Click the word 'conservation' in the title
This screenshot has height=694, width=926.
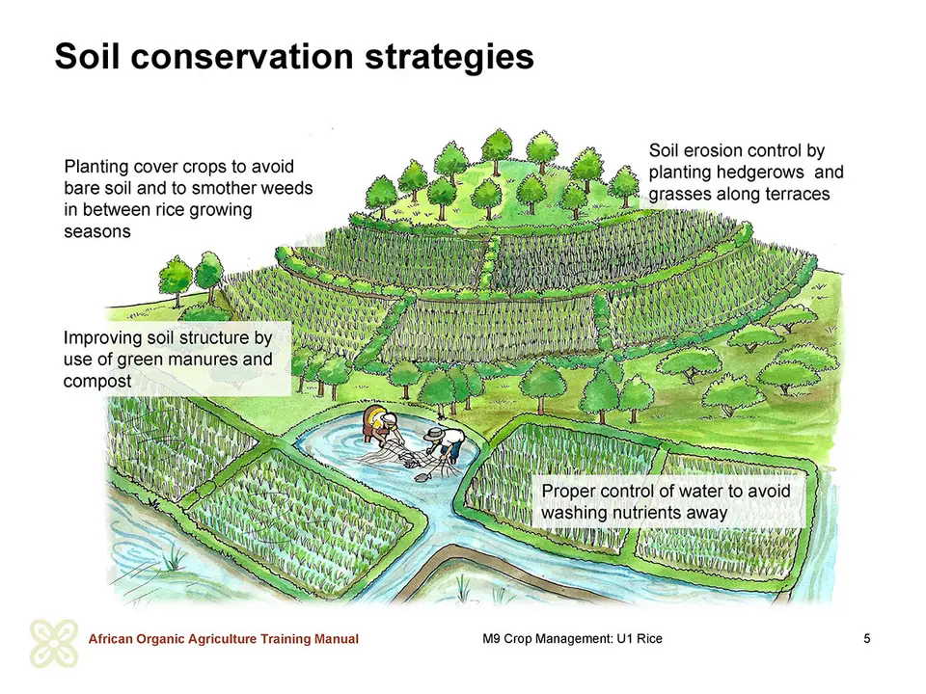(242, 57)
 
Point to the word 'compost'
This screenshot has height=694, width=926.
(97, 382)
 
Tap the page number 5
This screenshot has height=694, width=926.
(867, 638)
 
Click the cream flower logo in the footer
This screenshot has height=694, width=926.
(54, 643)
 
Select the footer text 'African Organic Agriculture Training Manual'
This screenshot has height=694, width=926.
(223, 639)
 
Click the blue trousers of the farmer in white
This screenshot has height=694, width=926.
(454, 451)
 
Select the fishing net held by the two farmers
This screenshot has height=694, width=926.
(407, 461)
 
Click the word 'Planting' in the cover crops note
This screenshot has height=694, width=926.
(95, 167)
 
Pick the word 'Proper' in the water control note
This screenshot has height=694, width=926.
(568, 492)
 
